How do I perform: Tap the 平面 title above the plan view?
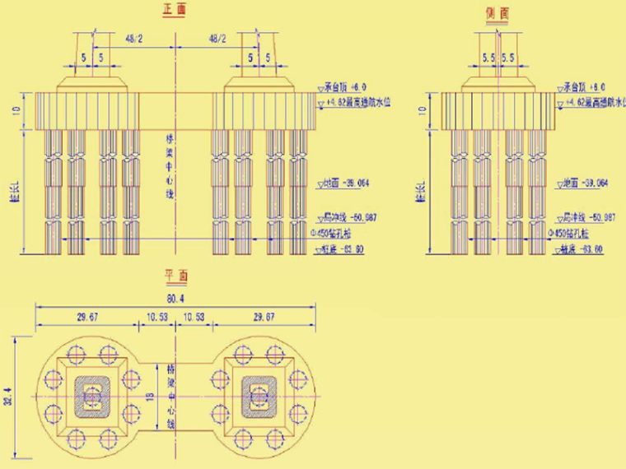click(x=174, y=276)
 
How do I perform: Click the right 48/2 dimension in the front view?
click(x=217, y=39)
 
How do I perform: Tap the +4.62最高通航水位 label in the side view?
click(x=592, y=102)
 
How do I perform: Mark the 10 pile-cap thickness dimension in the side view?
click(x=424, y=109)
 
